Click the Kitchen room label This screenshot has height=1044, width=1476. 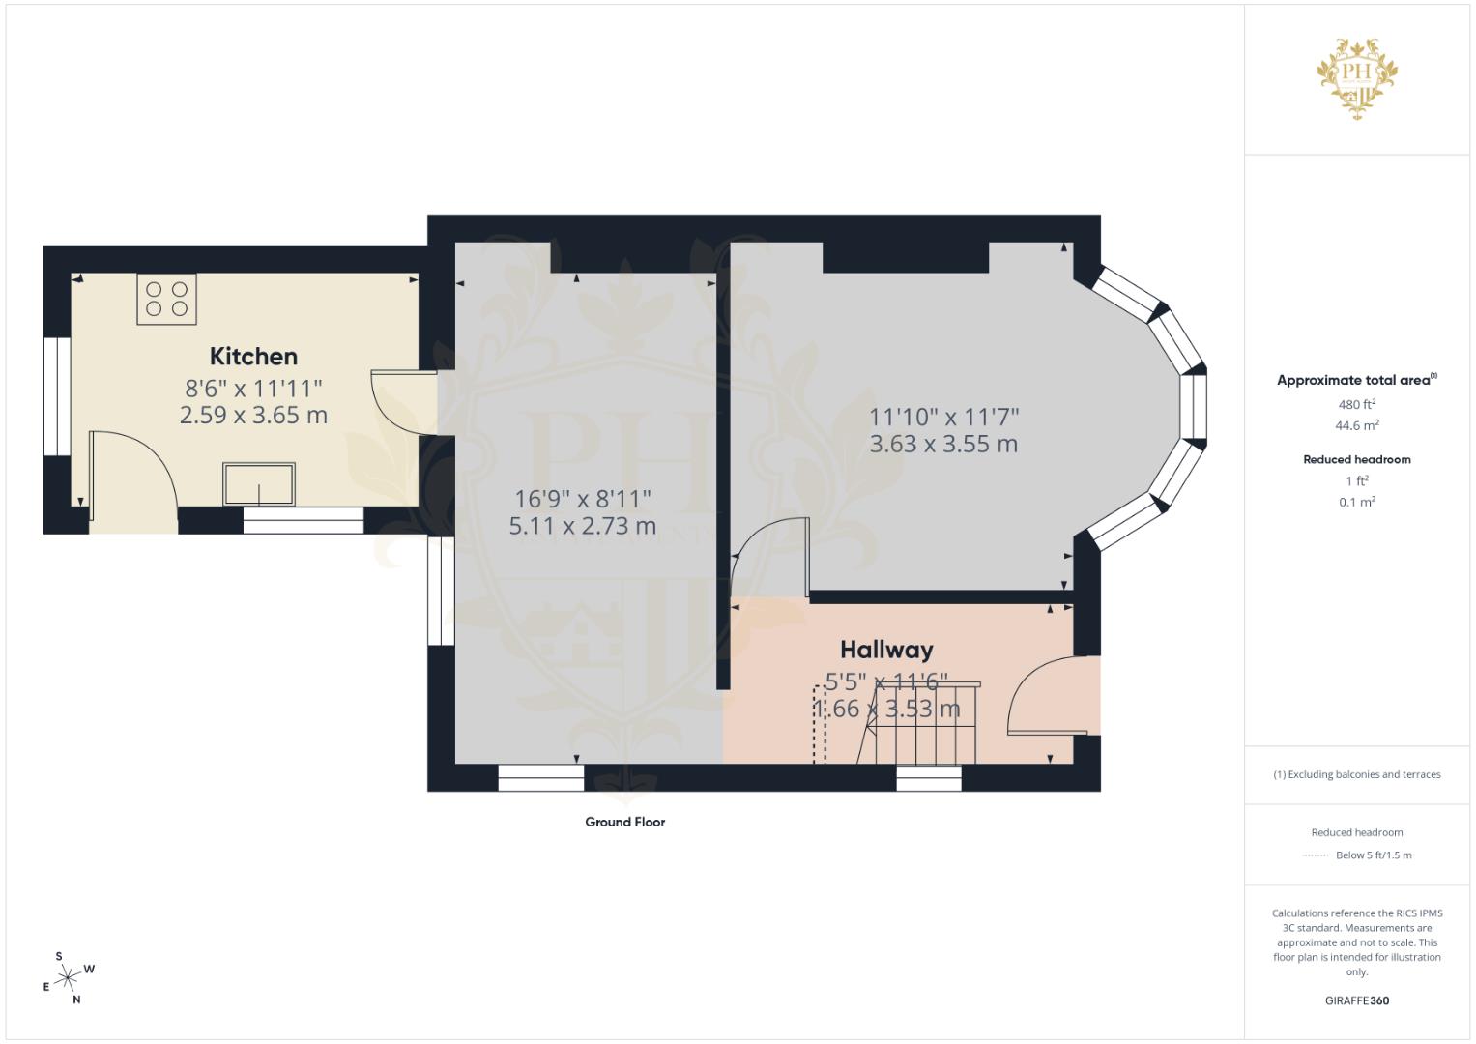tap(253, 357)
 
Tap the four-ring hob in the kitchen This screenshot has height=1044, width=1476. tap(166, 300)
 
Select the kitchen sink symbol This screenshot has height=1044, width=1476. tap(259, 484)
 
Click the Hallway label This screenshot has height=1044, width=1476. tap(887, 650)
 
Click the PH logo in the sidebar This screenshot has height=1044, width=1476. tap(1357, 78)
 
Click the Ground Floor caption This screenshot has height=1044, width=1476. tap(625, 822)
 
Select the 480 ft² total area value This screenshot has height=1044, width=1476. tap(1357, 405)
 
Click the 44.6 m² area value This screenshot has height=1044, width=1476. tap(1357, 425)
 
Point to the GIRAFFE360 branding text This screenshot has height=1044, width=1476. tap(1357, 1000)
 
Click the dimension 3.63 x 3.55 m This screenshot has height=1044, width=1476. tap(943, 445)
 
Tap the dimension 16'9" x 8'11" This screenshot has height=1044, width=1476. tap(583, 499)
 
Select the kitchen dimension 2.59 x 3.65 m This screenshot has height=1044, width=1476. tap(253, 416)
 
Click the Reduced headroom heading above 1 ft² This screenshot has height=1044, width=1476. tap(1357, 459)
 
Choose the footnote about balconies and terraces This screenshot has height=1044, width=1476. tap(1357, 774)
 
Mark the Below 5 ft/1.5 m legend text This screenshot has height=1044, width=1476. tap(1374, 855)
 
